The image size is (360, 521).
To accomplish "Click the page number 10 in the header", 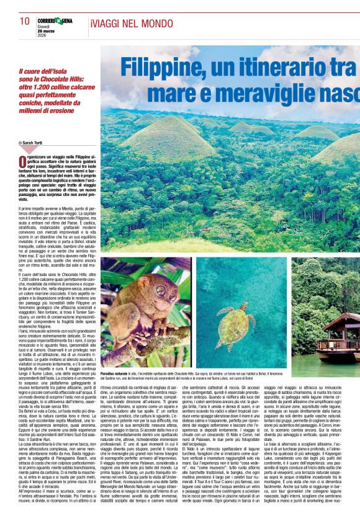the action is pyautogui.click(x=25, y=20).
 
